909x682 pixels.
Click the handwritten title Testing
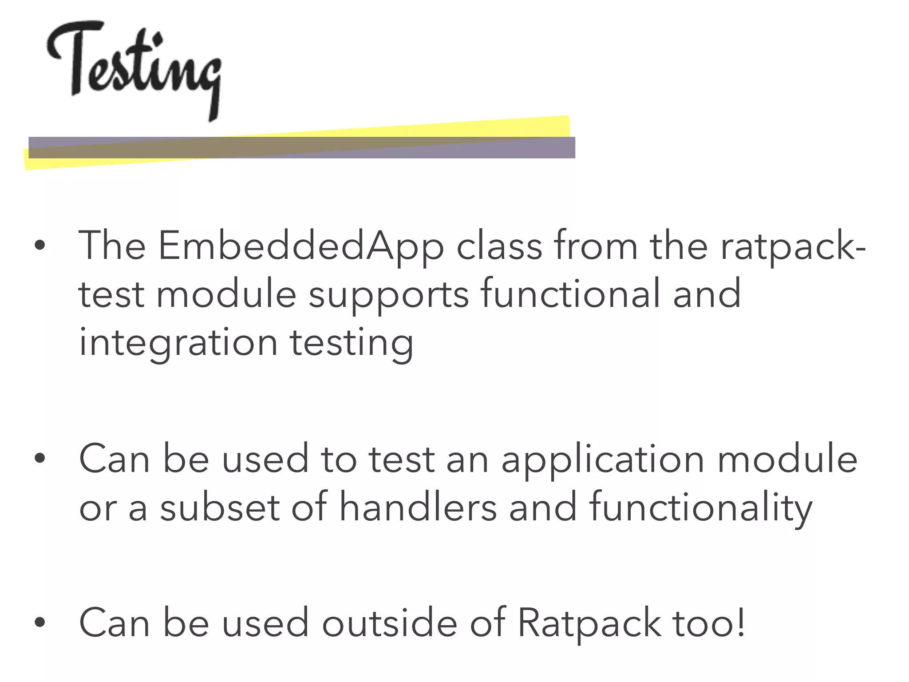click(x=133, y=67)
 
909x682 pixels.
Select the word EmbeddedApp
click(x=301, y=246)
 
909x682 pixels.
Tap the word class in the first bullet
click(x=499, y=246)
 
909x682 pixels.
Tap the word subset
click(x=220, y=508)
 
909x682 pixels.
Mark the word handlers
click(x=418, y=508)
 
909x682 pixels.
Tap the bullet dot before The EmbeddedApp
click(x=40, y=245)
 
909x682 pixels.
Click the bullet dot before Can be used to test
click(x=40, y=458)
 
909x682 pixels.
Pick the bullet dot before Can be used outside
click(x=40, y=622)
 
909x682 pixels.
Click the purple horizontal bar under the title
click(x=302, y=147)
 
